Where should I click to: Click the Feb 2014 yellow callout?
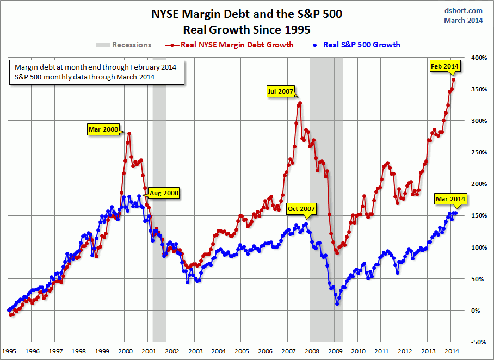pos(445,66)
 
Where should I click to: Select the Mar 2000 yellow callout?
pos(103,129)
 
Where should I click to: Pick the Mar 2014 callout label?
pos(450,200)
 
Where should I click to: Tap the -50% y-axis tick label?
pos(478,342)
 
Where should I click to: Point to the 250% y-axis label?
pos(478,152)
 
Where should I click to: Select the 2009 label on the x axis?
pos(335,351)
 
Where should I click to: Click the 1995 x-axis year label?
pos(9,351)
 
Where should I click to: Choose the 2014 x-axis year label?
pos(452,351)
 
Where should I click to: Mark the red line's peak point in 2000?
pos(129,133)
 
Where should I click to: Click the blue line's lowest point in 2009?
pos(337,303)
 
